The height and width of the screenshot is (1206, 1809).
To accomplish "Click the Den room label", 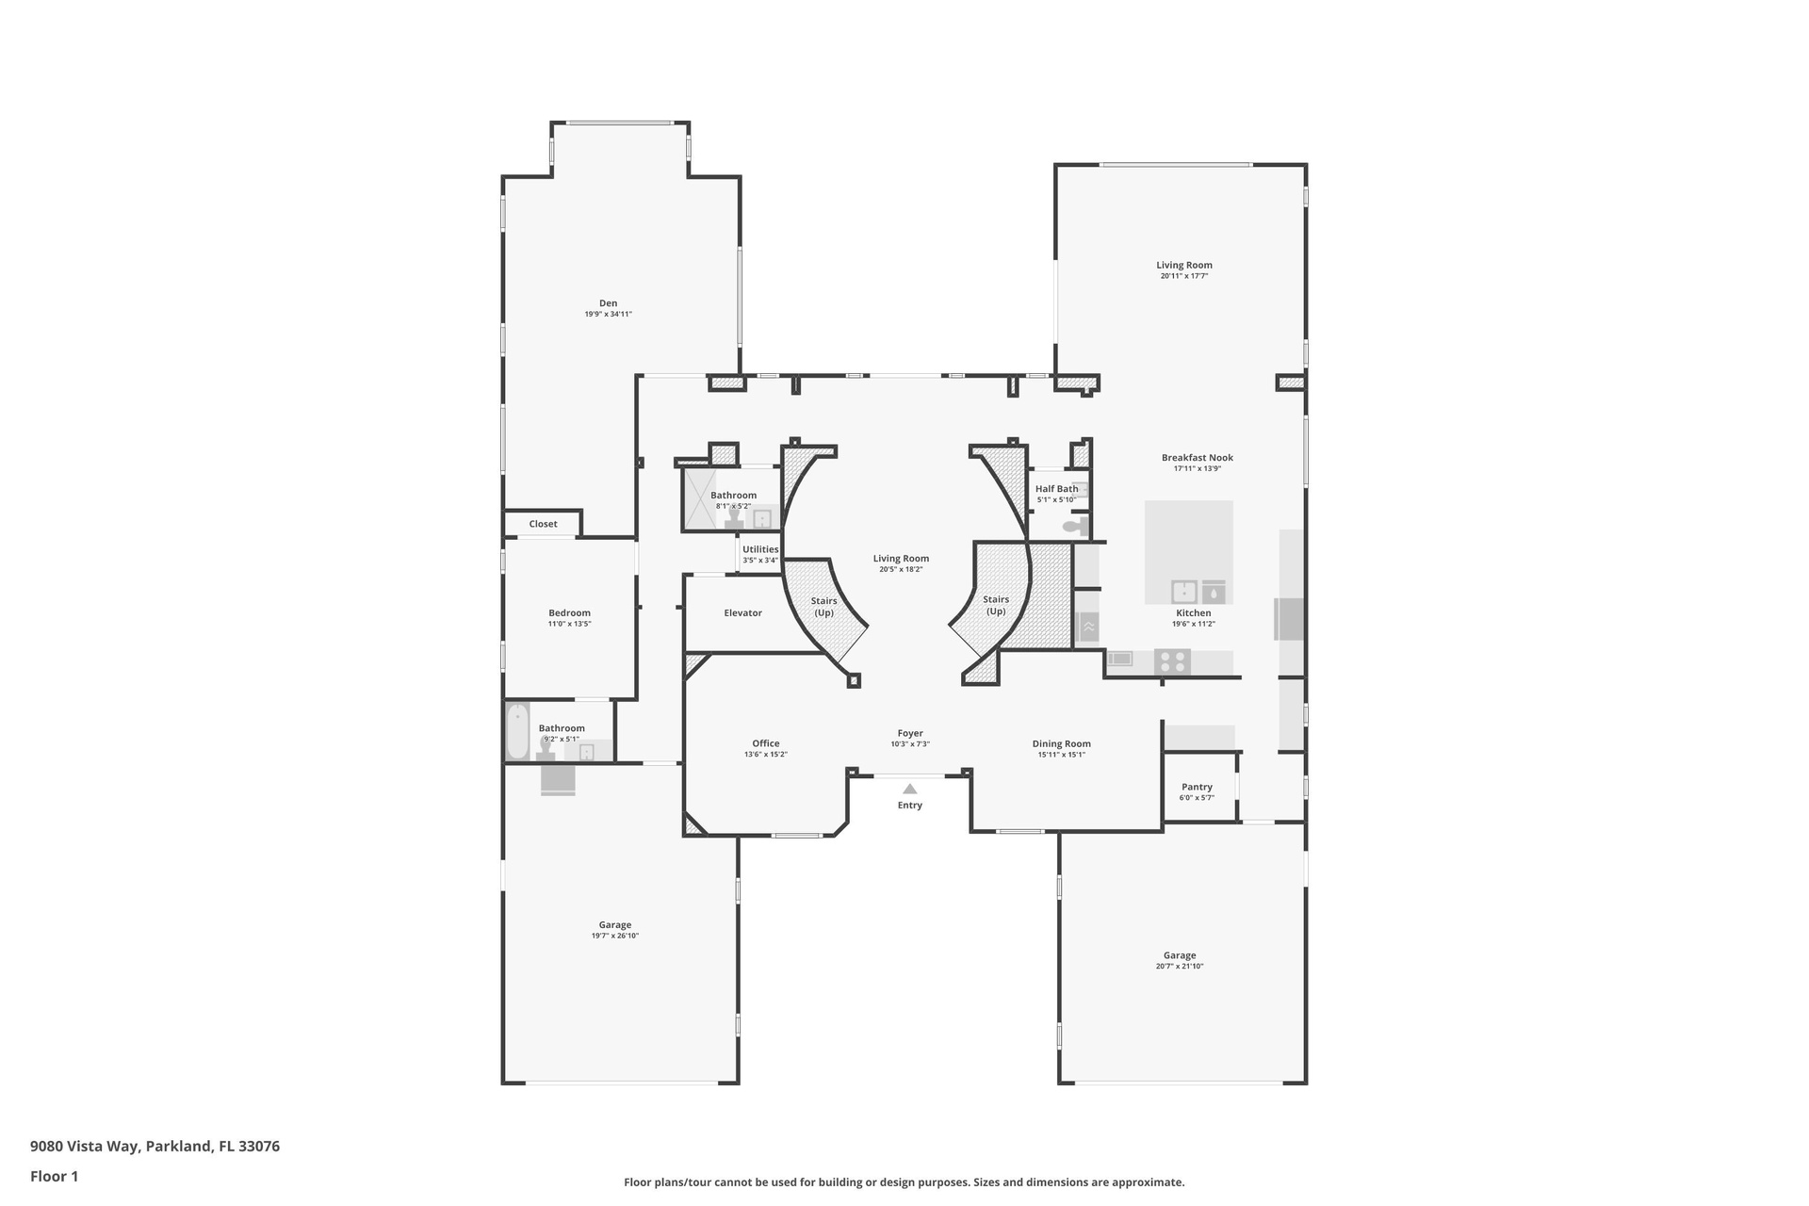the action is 609,303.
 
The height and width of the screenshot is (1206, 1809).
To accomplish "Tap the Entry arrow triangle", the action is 909,790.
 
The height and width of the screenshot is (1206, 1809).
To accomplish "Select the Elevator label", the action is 742,613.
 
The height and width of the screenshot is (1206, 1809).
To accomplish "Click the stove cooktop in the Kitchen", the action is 1172,662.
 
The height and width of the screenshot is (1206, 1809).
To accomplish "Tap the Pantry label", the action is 1197,788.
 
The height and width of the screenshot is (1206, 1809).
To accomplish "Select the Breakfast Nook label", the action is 1197,458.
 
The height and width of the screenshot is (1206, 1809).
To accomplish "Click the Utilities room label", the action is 760,549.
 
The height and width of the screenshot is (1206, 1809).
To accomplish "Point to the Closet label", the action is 543,524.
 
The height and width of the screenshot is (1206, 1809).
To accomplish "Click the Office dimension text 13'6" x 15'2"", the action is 765,755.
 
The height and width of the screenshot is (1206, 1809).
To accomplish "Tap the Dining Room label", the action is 1061,744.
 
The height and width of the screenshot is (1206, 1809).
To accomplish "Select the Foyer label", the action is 910,733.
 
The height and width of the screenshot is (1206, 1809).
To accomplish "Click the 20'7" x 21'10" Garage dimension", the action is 1180,967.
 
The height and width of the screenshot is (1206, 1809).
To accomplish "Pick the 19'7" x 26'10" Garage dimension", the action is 615,937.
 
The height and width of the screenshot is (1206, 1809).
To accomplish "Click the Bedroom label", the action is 569,613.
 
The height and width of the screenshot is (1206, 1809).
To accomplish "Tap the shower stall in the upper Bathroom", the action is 700,498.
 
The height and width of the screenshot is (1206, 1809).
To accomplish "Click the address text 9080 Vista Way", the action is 85,1147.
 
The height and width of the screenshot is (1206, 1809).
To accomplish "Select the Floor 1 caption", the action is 55,1176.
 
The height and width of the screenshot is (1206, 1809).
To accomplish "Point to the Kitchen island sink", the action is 1183,592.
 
